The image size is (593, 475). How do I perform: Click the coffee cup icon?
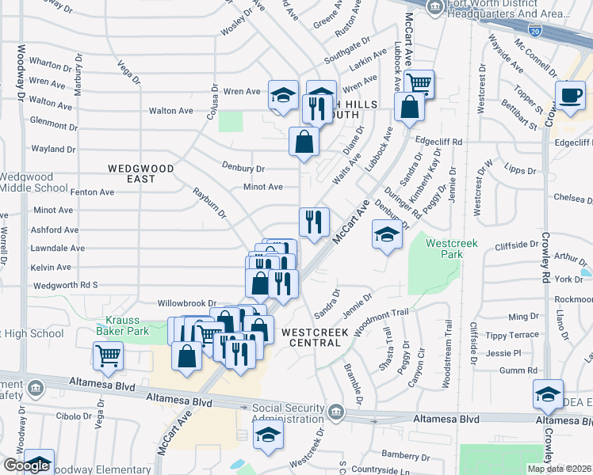[x=570, y=96]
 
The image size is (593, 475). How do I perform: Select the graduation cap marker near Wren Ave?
[x=283, y=96]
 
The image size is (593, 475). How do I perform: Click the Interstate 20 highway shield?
[x=535, y=31]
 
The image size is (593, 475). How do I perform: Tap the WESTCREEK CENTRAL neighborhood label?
[x=315, y=336]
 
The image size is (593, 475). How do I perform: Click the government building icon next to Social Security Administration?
[x=336, y=412]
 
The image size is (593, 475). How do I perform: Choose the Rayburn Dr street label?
[x=210, y=203]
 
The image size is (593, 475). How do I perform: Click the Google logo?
[x=26, y=466]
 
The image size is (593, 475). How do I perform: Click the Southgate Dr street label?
[x=349, y=52]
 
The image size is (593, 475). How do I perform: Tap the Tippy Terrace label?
[x=512, y=335]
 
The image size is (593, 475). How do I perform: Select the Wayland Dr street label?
[x=53, y=149]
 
